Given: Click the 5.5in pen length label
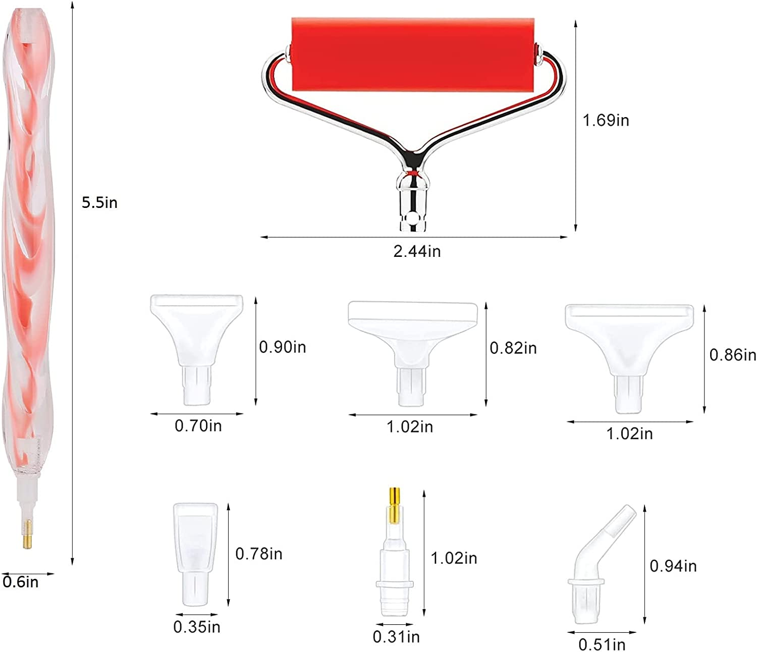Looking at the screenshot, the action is coord(99,202).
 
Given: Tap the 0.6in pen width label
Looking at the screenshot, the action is coord(21,582).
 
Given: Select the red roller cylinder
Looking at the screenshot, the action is coord(413,54).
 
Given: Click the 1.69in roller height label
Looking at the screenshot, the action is coord(606,121).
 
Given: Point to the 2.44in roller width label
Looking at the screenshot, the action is coord(417,251).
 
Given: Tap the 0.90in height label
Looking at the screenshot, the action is coord(283,347).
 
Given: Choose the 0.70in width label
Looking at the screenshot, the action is coord(198,425).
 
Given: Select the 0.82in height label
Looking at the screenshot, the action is coord(513,348).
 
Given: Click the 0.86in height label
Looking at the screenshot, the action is coord(733,355).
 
